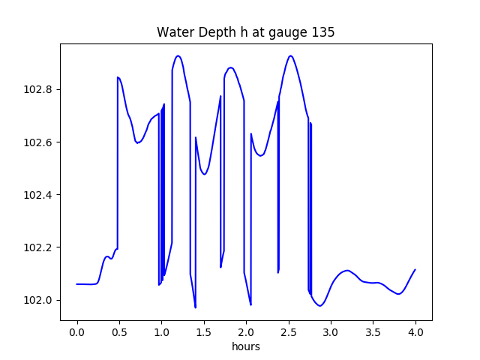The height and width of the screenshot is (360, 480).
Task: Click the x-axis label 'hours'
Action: [x=245, y=347]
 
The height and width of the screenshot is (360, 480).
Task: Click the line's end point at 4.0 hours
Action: [x=415, y=269]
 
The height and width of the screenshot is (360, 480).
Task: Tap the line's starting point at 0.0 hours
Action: [x=77, y=284]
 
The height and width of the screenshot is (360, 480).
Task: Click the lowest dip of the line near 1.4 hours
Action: [x=195, y=307]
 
